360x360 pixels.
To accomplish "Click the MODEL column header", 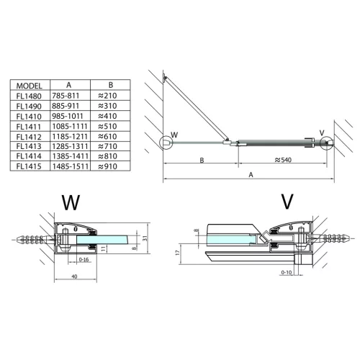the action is pos(29,86).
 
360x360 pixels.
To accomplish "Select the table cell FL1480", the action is pos(29,96).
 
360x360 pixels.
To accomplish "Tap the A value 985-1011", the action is pos(68,116).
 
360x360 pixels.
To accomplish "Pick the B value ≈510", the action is pos(107,126).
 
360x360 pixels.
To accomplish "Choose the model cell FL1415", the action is pos(29,166).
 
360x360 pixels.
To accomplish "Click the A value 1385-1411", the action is pos(71,156).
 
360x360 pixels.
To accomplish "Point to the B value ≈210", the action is pos(107,96).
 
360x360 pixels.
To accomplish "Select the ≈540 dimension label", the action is pos(283,160).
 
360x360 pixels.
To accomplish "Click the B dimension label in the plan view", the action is pos(202,160).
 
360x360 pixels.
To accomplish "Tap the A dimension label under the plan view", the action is pos(251,175).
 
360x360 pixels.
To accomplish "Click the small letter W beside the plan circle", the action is pos(174,135).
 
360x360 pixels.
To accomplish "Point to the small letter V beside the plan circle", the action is pos(322,132).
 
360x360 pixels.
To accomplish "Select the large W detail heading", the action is pos(71,202).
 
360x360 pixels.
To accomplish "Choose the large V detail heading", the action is pos(287,201).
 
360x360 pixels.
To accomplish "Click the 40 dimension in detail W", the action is pos(74,276).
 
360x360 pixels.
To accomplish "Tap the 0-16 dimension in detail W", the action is pos(84,259).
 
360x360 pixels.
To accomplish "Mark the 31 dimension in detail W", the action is pos(145,238).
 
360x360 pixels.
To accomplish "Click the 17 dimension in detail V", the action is pos(177,253).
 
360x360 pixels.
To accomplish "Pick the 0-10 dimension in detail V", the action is pos(287,272).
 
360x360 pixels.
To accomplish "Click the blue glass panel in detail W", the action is pos(103,240).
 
